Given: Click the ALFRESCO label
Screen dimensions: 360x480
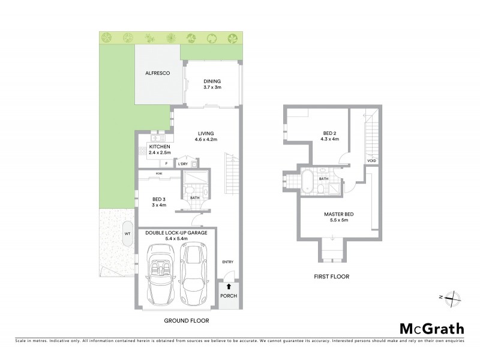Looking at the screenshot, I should point(158,73).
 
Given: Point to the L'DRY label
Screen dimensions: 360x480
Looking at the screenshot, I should point(182,163).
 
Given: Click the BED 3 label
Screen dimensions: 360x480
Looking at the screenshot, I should point(158,200).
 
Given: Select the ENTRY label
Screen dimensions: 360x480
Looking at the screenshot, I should point(227,261).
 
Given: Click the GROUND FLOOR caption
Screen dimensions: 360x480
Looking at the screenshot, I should point(187,321).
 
